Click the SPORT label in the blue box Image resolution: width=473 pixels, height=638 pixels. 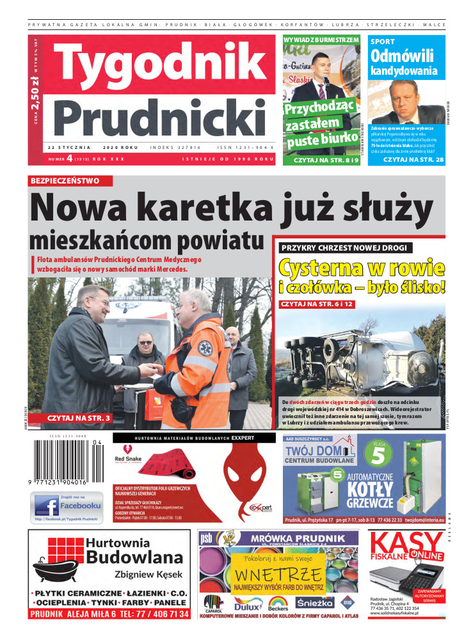[x=383, y=41]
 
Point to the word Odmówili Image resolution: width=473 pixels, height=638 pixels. [x=402, y=56]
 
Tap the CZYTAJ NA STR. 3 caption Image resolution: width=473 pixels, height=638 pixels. [x=78, y=418]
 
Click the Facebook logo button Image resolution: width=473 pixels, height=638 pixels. [x=67, y=506]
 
